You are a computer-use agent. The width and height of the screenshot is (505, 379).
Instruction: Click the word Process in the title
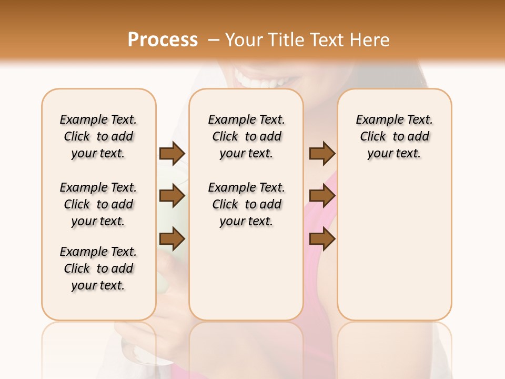click(163, 39)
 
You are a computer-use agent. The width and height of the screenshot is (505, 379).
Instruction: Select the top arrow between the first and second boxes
click(172, 153)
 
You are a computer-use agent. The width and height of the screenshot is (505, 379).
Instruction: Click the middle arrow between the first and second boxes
click(172, 196)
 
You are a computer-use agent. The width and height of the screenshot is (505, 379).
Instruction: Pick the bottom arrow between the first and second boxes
click(172, 239)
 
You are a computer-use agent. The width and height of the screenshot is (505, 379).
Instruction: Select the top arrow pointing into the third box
click(322, 153)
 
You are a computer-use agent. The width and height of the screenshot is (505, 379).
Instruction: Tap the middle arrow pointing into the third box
click(322, 196)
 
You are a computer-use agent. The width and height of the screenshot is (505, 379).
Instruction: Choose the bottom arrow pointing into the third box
click(322, 239)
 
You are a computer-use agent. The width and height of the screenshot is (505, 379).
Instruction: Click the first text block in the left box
click(98, 136)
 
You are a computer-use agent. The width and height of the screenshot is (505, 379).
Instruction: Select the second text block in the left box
click(98, 204)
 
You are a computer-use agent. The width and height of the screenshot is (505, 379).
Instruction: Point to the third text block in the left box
click(98, 268)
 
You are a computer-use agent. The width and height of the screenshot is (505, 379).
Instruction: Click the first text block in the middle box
click(246, 136)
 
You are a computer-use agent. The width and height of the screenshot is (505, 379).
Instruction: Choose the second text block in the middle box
click(246, 204)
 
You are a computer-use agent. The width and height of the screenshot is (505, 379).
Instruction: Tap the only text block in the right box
click(394, 136)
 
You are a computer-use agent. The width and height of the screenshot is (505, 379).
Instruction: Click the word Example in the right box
click(376, 120)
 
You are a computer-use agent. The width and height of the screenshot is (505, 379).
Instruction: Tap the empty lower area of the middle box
click(246, 274)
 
